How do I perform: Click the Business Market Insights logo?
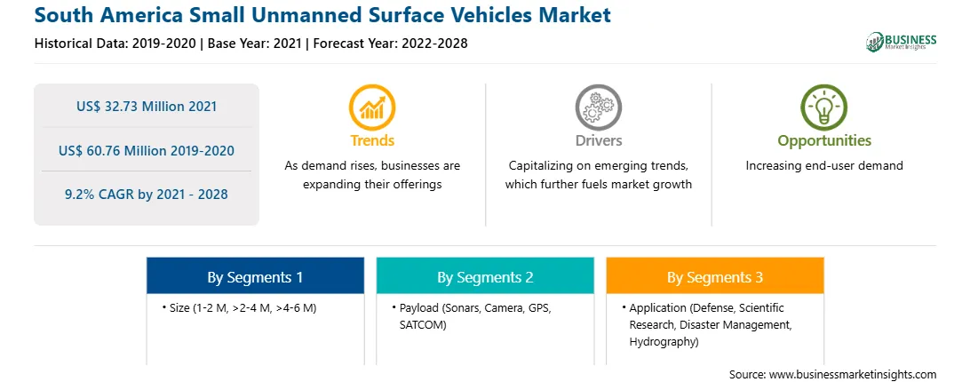(x=902, y=42)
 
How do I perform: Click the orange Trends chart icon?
(x=372, y=107)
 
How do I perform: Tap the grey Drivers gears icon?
(x=598, y=107)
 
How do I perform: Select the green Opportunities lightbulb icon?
(x=824, y=107)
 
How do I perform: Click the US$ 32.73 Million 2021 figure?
(x=147, y=106)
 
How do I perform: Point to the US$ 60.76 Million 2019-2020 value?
(x=147, y=150)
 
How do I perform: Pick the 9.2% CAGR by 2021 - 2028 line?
(x=147, y=195)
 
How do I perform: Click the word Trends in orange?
(x=372, y=140)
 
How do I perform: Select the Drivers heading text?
(x=599, y=140)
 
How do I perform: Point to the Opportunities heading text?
(x=824, y=141)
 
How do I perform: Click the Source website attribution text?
(x=832, y=375)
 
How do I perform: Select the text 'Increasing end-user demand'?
(x=824, y=166)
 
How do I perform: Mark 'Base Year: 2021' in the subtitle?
(x=255, y=44)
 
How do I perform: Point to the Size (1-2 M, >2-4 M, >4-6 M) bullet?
(x=243, y=307)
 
